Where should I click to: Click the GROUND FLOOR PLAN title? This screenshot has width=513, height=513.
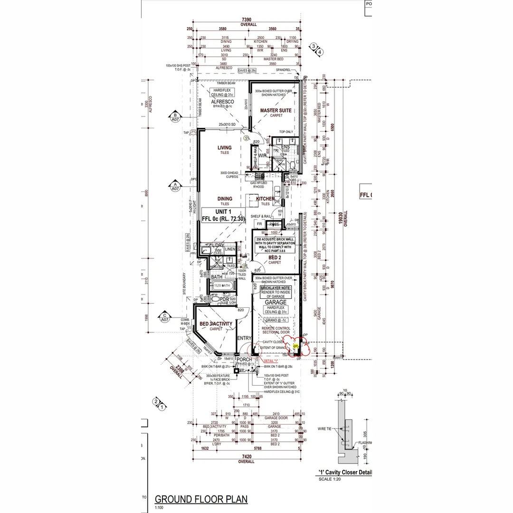coord(201,499)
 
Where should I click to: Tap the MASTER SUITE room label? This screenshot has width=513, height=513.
coord(275,111)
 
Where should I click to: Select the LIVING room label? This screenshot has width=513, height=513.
coord(225,147)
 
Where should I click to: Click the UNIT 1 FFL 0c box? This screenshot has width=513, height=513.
coord(223,215)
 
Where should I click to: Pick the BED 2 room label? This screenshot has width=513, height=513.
coord(275,257)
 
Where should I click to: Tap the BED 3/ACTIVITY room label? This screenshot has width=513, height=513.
coord(216,324)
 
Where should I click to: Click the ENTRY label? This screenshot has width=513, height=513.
coord(244,338)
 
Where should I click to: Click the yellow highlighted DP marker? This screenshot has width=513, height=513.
coord(295,347)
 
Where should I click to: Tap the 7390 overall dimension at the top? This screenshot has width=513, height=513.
coord(248,20)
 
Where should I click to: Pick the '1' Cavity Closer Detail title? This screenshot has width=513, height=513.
coord(345,473)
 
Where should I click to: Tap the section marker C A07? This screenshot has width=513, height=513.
coord(165,317)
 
